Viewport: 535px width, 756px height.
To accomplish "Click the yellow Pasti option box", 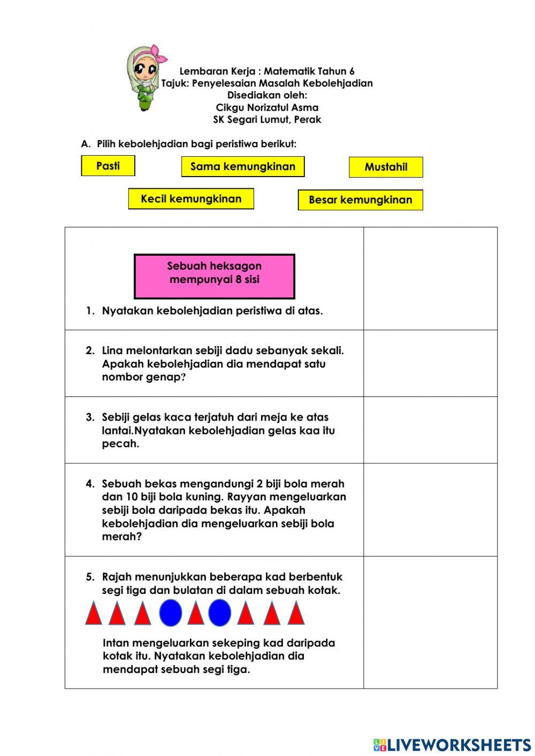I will pos(108,166).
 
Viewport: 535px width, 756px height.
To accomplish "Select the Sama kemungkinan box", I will pos(243,166).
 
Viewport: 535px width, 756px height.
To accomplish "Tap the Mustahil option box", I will pos(386,167).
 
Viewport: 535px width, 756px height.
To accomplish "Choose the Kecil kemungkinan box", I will pos(191,199).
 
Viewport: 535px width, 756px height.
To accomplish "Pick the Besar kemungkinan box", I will pos(360,200).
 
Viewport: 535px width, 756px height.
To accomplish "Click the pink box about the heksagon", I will pos(214,276).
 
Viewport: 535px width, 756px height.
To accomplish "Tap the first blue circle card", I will pos(170,612).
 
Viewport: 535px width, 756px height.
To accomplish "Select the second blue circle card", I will pos(219,613).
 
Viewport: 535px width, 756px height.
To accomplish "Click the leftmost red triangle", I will pos(94,614).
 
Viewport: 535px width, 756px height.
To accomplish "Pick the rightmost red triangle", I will pos(296,614).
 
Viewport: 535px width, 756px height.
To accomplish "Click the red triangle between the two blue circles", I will pos(195,614).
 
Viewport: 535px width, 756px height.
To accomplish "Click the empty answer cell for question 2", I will pos(430,363).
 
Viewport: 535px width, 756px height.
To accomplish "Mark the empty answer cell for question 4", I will pos(430,509).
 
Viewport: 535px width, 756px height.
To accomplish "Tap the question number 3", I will pos(90,417).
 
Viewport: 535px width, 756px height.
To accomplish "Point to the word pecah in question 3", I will pos(120,444).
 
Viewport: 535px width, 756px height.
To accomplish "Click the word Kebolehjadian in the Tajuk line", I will pos(338,83).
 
